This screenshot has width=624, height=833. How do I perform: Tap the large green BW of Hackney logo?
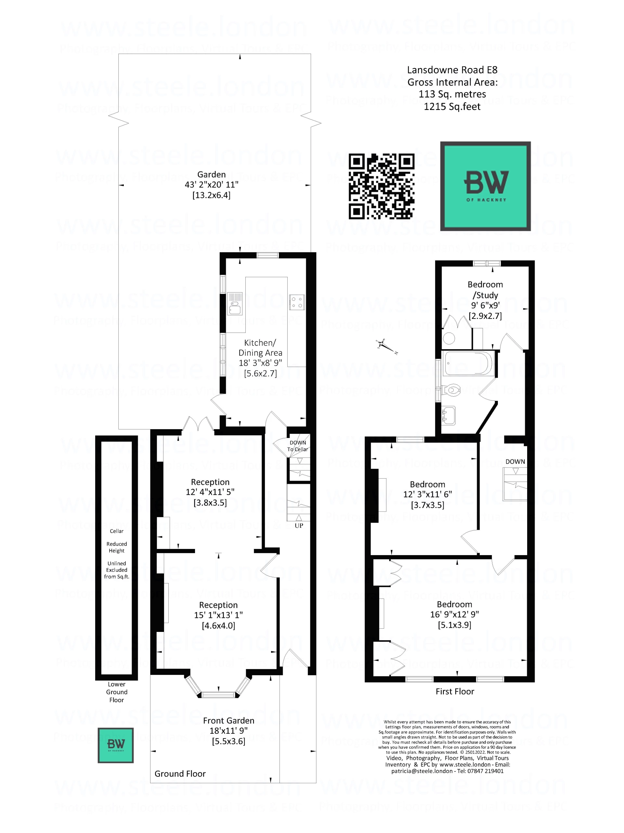click(x=485, y=186)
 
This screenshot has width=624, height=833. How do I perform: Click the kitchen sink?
click(x=234, y=304)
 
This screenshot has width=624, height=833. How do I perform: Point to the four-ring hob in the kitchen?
click(x=296, y=302)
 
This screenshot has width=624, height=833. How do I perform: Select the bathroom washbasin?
click(x=448, y=416)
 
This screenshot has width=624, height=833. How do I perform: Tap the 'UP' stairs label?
click(x=299, y=525)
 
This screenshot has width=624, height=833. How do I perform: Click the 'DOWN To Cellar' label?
click(x=297, y=446)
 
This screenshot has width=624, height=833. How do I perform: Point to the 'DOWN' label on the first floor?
click(x=515, y=462)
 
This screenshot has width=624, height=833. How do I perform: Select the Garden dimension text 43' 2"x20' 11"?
click(x=211, y=185)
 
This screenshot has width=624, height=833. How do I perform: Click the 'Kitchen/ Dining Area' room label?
click(x=260, y=348)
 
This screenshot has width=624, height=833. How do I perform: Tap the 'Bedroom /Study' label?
click(x=485, y=290)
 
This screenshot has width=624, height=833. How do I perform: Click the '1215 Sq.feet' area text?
click(x=452, y=107)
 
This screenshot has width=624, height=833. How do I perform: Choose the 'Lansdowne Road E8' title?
click(x=452, y=70)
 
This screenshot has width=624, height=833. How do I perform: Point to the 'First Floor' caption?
click(x=455, y=691)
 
